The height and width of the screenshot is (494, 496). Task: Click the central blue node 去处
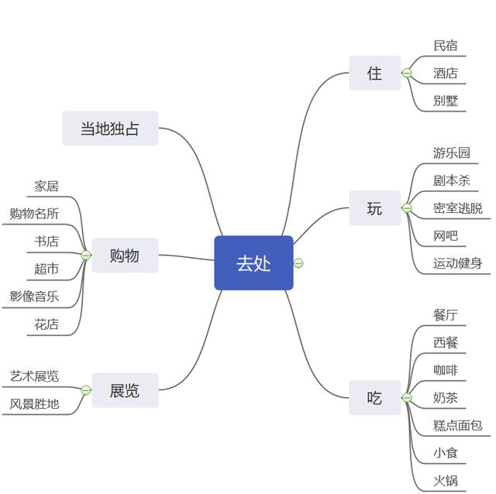pyautogui.click(x=253, y=263)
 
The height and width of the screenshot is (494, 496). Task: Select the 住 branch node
pyautogui.click(x=374, y=74)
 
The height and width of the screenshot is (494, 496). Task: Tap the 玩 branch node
pyautogui.click(x=374, y=208)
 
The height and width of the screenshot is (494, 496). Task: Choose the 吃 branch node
pyautogui.click(x=374, y=398)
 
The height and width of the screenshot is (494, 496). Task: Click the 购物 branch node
pyautogui.click(x=124, y=256)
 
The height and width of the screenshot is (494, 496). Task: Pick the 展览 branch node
pyautogui.click(x=124, y=391)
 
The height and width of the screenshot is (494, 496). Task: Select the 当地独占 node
pyautogui.click(x=110, y=129)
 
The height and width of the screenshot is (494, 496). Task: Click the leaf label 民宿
pyautogui.click(x=445, y=46)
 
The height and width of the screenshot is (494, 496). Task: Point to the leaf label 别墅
pyautogui.click(x=445, y=101)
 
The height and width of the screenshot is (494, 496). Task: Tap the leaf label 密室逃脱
pyautogui.click(x=457, y=208)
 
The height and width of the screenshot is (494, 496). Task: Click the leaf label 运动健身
pyautogui.click(x=457, y=263)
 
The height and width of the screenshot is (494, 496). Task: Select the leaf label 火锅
pyautogui.click(x=445, y=480)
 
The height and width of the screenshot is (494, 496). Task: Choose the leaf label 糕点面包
pyautogui.click(x=457, y=425)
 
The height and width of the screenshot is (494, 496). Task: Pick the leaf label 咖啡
pyautogui.click(x=445, y=370)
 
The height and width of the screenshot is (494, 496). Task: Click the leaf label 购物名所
pyautogui.click(x=34, y=214)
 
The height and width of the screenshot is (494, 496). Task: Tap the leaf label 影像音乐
pyautogui.click(x=34, y=296)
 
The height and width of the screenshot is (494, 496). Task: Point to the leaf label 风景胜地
pyautogui.click(x=34, y=403)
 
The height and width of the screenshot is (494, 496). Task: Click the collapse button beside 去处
pyautogui.click(x=298, y=263)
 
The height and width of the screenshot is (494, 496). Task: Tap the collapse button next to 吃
pyautogui.click(x=406, y=398)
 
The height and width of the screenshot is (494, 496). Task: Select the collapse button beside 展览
pyautogui.click(x=86, y=390)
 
